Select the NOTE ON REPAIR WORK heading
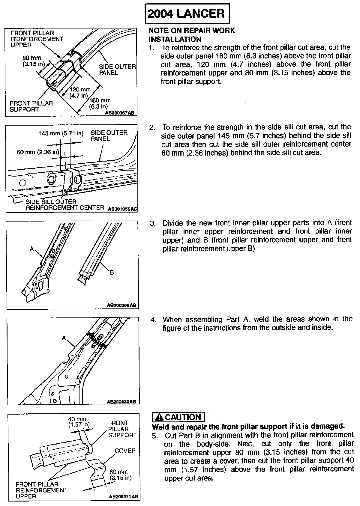tap(192, 31)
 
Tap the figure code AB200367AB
tap(119, 113)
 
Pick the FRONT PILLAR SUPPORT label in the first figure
tap(31, 106)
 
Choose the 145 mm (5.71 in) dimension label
tap(61, 133)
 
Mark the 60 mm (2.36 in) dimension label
tap(38, 152)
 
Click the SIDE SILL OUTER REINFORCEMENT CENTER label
tap(60, 205)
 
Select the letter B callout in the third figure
tap(112, 272)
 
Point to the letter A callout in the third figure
tap(31, 249)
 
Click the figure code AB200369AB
tap(121, 306)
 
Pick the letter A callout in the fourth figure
tap(64, 338)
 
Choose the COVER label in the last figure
tap(125, 451)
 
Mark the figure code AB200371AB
tap(123, 497)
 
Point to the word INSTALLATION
tap(175, 39)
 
